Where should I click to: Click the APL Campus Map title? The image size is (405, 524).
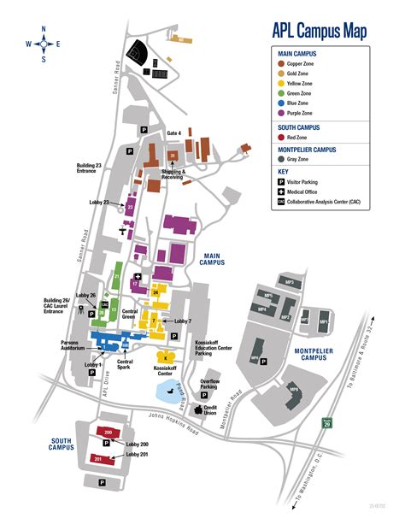click(320, 32)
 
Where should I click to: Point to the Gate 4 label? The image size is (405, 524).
click(173, 132)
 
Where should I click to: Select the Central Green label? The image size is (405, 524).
click(130, 315)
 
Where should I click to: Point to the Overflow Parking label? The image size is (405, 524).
click(210, 383)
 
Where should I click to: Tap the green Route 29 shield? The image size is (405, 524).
click(326, 422)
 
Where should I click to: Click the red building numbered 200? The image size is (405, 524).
click(107, 433)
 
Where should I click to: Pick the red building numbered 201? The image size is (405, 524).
click(101, 459)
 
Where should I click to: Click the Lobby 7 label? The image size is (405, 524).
click(183, 321)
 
